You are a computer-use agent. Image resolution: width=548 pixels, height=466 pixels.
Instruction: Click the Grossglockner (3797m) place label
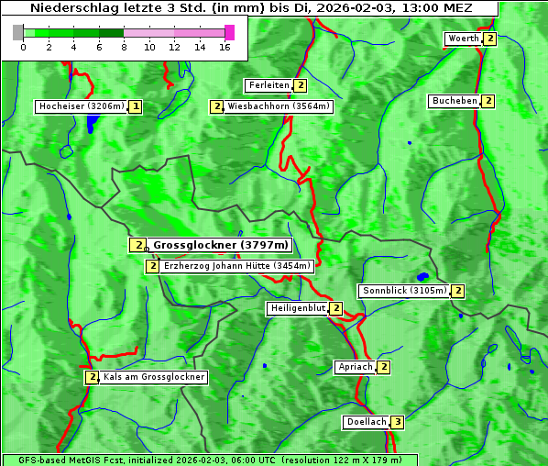[x=220, y=245]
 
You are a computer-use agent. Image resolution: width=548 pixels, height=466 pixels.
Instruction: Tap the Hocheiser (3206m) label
[x=81, y=106]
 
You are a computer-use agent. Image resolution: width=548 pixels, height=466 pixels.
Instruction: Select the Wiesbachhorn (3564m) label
[x=279, y=106]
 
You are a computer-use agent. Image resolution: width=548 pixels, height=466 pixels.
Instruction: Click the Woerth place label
[x=463, y=39]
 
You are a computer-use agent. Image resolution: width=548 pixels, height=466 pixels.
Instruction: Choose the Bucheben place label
[x=455, y=101]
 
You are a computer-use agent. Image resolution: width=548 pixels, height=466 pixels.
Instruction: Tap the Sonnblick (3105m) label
[x=404, y=291]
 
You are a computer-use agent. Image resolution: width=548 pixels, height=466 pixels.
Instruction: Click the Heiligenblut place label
[x=297, y=308]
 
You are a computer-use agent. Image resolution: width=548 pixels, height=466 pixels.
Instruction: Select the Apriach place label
[x=356, y=367]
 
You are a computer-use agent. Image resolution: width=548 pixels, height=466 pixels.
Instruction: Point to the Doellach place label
[x=367, y=422]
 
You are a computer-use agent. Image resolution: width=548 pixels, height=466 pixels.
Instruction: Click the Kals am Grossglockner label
[x=154, y=377]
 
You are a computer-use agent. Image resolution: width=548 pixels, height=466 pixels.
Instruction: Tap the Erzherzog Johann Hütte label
[x=237, y=266]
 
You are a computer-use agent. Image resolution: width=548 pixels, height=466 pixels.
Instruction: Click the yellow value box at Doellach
[x=397, y=422]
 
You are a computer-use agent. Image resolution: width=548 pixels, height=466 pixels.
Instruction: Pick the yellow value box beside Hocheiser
[x=136, y=106]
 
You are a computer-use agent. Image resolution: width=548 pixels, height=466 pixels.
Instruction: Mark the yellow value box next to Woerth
[x=490, y=39]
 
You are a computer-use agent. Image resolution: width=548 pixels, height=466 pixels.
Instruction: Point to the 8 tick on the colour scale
[x=124, y=48]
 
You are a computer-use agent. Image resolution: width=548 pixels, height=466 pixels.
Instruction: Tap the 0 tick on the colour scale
[x=23, y=48]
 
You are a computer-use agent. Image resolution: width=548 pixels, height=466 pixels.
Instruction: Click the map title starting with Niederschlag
[x=250, y=8]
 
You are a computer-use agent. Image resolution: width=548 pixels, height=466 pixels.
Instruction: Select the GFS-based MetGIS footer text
[x=209, y=460]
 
